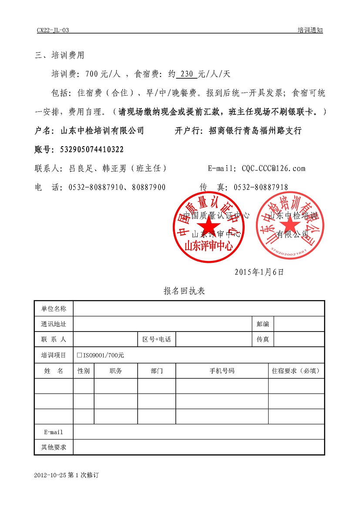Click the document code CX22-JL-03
[x=53, y=30]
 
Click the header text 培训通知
[x=310, y=30]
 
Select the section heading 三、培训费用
[x=60, y=56]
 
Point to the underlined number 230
[x=186, y=74]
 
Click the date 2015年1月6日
[x=259, y=272]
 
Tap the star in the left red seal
[x=210, y=226]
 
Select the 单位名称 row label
[x=54, y=309]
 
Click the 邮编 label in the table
[x=263, y=324]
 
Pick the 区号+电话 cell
[x=157, y=339]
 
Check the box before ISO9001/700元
[x=79, y=355]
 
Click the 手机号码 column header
[x=222, y=371]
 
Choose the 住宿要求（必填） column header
[x=296, y=371]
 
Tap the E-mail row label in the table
[x=54, y=432]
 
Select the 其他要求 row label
[x=54, y=447]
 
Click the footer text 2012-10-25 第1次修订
[x=67, y=476]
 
